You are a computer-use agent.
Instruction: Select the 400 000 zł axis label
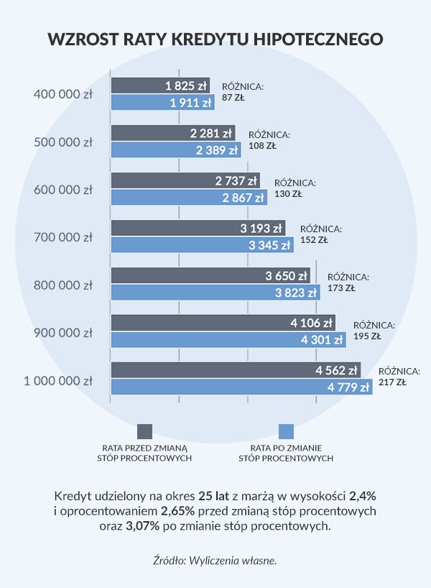pos(63,94)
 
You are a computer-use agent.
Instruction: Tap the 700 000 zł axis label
pos(63,237)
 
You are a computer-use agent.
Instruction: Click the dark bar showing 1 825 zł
pos(159,86)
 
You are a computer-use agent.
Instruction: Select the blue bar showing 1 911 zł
pos(162,103)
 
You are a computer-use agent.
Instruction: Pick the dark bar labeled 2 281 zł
pos(172,133)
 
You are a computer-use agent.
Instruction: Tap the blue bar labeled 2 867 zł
pos(188,198)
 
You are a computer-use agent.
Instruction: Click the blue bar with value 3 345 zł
pos(201,245)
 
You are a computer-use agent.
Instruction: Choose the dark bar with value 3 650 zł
pos(210,275)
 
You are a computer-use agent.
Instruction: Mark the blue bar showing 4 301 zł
pos(228,340)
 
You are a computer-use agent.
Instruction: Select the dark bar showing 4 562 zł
pos(235,371)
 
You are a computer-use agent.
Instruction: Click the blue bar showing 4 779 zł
pos(241,387)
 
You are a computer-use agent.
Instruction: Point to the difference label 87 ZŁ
pos(233,98)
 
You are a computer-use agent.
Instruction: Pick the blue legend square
pos(286,431)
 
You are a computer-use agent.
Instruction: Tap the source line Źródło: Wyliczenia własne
pos(215,559)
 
